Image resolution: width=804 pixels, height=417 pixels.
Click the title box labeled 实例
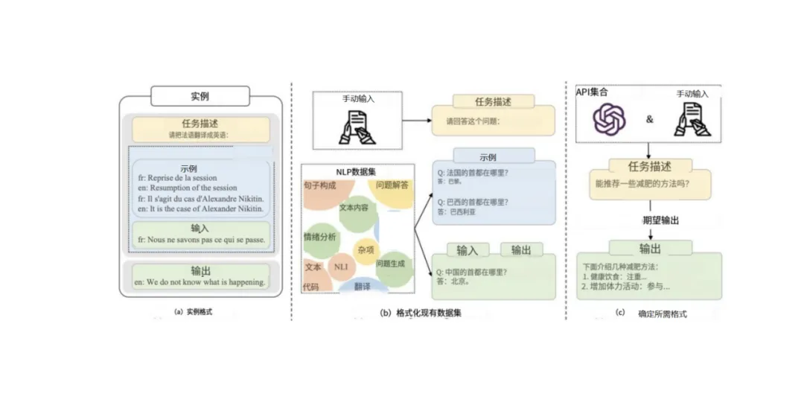click(x=200, y=97)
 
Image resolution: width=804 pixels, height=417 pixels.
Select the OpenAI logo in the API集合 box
click(x=609, y=119)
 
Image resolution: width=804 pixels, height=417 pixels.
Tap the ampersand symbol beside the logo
click(x=649, y=118)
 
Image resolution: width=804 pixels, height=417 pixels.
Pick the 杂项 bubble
click(x=366, y=250)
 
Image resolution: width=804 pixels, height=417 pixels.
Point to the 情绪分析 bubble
click(x=319, y=236)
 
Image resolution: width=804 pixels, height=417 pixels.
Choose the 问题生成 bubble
click(x=392, y=264)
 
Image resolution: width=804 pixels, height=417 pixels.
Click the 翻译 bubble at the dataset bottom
click(x=363, y=286)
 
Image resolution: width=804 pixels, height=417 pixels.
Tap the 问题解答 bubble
click(x=392, y=185)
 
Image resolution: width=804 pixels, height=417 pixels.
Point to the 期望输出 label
click(x=660, y=220)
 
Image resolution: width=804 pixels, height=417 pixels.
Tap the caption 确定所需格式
click(x=662, y=313)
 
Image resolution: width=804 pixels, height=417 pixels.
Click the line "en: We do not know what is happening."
click(x=200, y=282)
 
